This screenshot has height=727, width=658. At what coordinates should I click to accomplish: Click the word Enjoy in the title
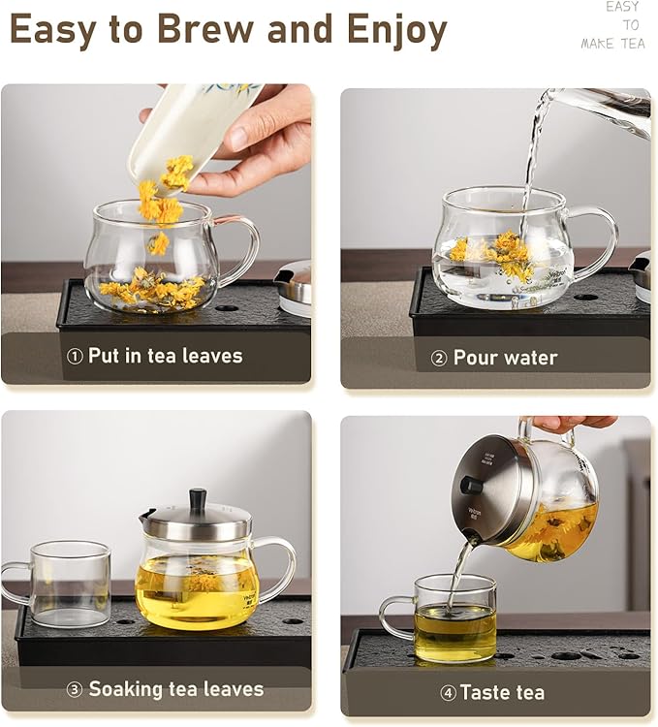click(388, 31)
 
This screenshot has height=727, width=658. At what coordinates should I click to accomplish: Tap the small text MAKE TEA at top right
click(611, 44)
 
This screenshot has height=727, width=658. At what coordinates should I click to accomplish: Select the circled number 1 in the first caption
click(75, 357)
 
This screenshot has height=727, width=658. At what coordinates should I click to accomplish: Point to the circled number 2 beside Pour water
click(438, 359)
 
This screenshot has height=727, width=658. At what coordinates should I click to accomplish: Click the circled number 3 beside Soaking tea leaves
click(75, 690)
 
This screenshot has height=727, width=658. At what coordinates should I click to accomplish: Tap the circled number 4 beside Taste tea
click(448, 693)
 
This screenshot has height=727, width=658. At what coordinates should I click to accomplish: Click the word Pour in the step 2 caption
click(476, 358)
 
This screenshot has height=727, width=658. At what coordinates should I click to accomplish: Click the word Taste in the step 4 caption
click(487, 692)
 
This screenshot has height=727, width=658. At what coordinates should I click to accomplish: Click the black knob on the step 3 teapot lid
click(198, 498)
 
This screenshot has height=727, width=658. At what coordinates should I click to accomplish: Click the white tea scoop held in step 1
click(184, 131)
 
